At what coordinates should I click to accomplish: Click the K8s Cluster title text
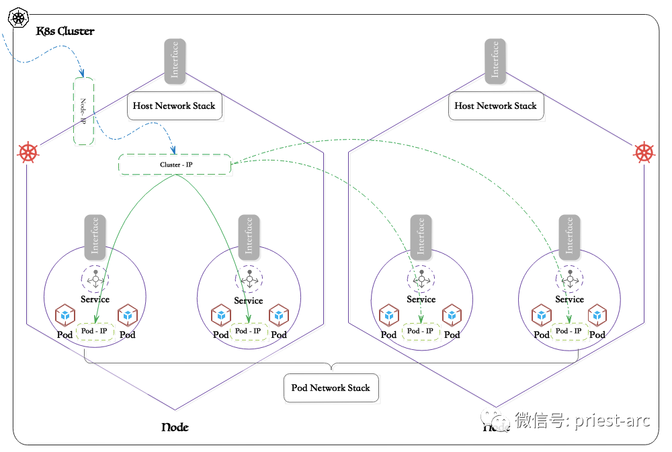click(65, 31)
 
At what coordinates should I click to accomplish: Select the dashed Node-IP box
click(83, 111)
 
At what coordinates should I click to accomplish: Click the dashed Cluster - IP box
click(175, 165)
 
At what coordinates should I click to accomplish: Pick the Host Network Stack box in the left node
click(174, 106)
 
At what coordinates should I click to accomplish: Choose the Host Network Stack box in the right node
click(495, 106)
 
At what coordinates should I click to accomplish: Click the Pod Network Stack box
click(331, 388)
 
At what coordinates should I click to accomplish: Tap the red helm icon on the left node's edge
click(28, 152)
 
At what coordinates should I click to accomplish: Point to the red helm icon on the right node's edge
click(644, 152)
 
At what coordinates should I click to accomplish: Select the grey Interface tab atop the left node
click(175, 60)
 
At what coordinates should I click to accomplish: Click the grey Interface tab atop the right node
click(495, 60)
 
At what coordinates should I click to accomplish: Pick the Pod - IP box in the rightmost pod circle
click(569, 331)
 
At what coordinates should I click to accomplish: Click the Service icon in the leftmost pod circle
click(95, 278)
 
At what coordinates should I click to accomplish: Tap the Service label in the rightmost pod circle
click(569, 300)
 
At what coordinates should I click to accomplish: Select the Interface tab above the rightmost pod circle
click(569, 236)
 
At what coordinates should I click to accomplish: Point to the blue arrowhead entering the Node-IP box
click(82, 74)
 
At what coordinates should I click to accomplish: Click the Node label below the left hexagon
click(175, 428)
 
